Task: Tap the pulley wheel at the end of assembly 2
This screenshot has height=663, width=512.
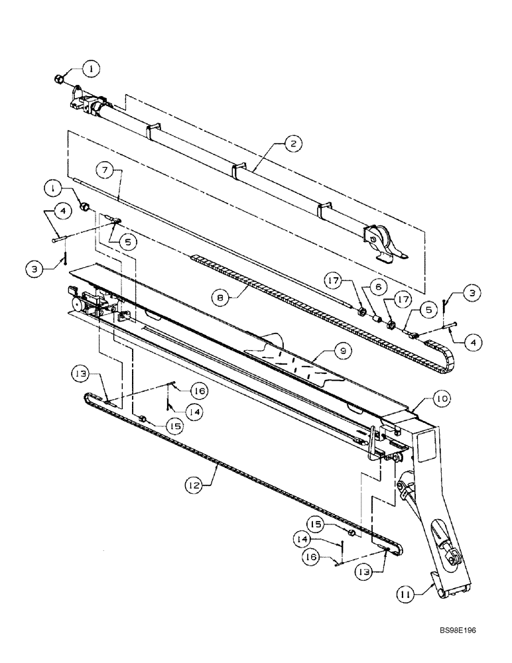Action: [x=375, y=235]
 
